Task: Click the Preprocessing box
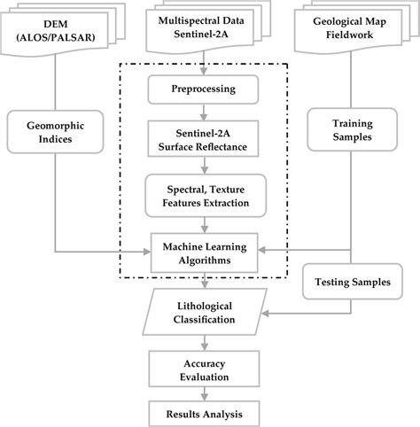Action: [204, 89]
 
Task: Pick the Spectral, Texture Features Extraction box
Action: [204, 196]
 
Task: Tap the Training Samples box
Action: [352, 132]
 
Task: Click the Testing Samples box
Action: [352, 283]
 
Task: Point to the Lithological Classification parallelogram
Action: [205, 312]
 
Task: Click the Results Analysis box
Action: [205, 413]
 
